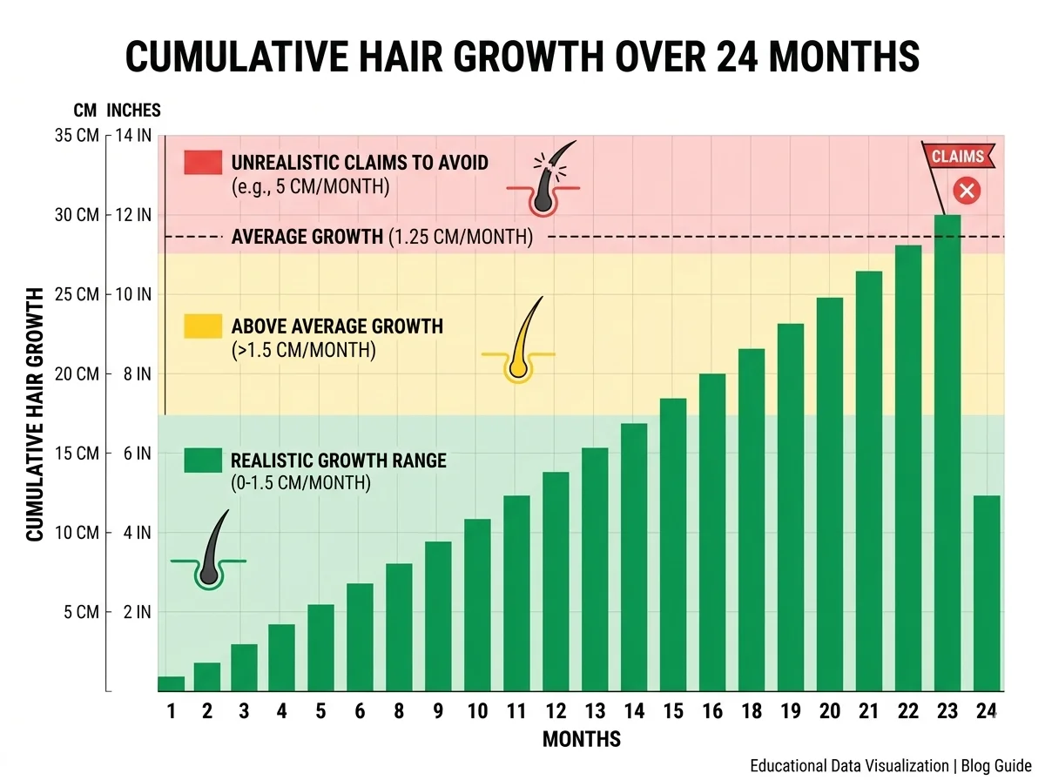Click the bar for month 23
(x=947, y=453)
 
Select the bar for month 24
(x=987, y=593)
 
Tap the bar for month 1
(x=171, y=683)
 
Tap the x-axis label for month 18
(x=752, y=711)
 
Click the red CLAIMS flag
(x=958, y=157)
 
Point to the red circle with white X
(x=967, y=191)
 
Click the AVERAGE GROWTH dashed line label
(x=381, y=237)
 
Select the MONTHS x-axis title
(x=582, y=739)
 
